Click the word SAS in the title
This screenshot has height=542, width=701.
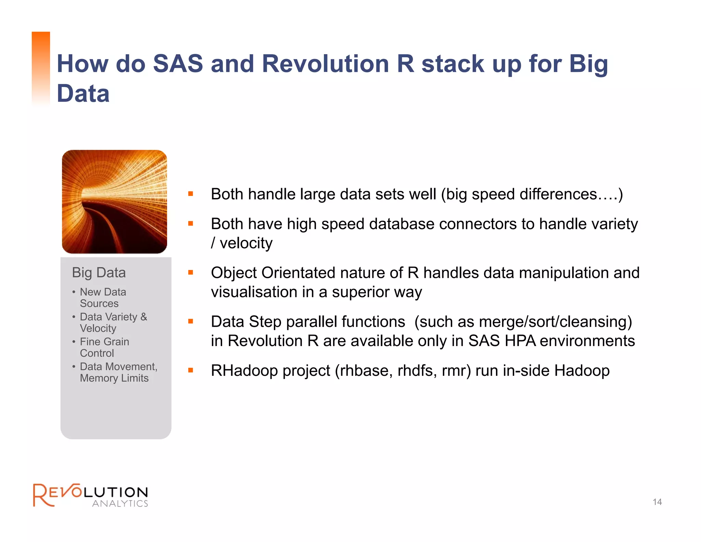click(178, 64)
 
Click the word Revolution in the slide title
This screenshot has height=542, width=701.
click(325, 64)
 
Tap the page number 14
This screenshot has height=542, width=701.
click(657, 502)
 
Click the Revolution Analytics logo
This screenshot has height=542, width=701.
click(90, 495)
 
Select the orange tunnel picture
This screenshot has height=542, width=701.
click(114, 202)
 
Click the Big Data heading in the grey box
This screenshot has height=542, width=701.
click(99, 273)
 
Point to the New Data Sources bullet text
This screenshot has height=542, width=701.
click(103, 297)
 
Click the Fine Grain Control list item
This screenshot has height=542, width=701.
click(104, 347)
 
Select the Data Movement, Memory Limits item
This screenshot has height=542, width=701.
click(118, 372)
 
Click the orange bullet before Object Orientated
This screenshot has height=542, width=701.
click(191, 273)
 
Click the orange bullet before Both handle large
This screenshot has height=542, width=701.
click(191, 194)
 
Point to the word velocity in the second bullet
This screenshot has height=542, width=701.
click(246, 243)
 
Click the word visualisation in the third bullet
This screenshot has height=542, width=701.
click(254, 292)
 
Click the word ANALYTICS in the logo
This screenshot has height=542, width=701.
click(120, 503)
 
